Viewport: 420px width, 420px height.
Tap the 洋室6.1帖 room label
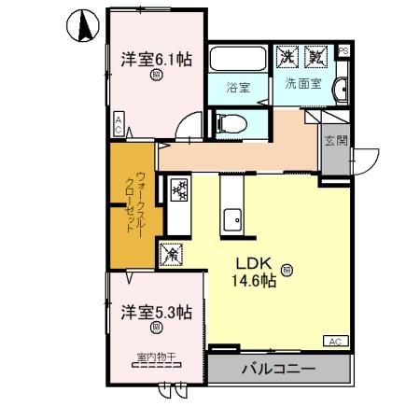pyautogui.click(x=156, y=60)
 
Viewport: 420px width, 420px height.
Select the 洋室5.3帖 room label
pyautogui.click(x=156, y=312)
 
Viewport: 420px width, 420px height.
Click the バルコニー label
pyautogui.click(x=279, y=369)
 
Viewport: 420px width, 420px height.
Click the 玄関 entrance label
pyautogui.click(x=336, y=141)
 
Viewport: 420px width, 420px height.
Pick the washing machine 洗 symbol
pyautogui.click(x=289, y=56)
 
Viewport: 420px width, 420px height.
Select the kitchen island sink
pyautogui.click(x=231, y=221)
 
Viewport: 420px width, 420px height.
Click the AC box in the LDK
pyautogui.click(x=335, y=343)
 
